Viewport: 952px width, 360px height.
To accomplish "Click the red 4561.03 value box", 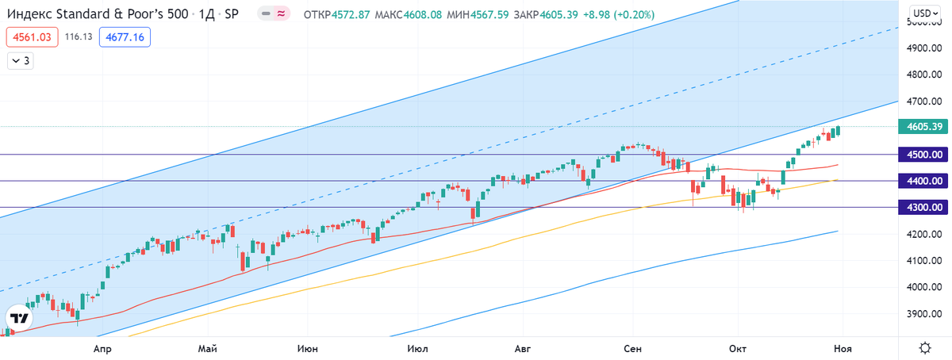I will coord(32,36).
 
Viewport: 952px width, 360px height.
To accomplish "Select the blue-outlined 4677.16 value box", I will coord(125,36).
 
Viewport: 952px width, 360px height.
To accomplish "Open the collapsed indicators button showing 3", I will coord(21,60).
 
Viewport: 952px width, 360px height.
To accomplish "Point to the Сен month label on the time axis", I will coord(632,347).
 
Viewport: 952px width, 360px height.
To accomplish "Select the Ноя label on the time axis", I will coord(842,347).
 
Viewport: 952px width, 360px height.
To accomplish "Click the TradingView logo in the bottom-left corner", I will coord(20,318).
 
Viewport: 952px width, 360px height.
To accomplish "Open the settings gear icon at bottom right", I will coord(925,347).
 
